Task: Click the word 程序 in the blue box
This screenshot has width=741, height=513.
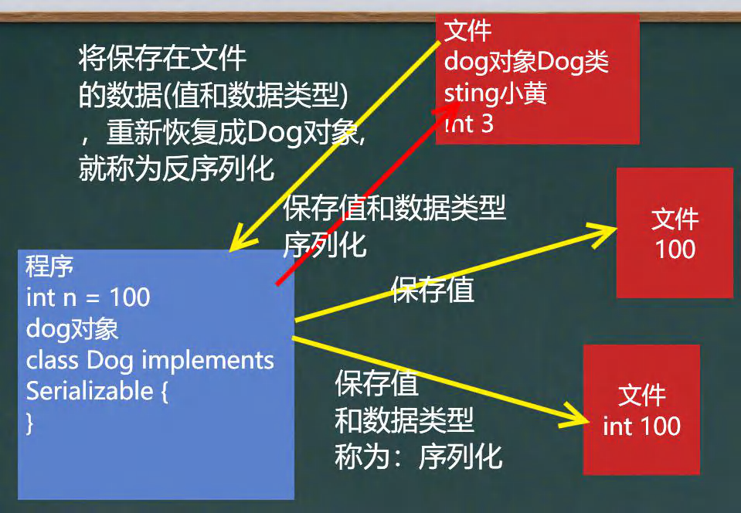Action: click(x=49, y=266)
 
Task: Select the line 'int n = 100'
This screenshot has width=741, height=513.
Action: click(x=88, y=297)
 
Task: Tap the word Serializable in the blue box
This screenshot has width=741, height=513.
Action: click(x=90, y=391)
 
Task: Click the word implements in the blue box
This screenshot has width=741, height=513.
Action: click(x=208, y=361)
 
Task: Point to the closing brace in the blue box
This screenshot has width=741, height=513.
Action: click(x=30, y=423)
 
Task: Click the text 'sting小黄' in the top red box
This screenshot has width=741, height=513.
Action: click(x=495, y=93)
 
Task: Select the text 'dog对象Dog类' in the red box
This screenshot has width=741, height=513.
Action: click(x=526, y=62)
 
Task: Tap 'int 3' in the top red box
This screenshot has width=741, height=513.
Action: click(x=469, y=124)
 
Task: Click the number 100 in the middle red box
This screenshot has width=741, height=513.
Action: click(x=675, y=249)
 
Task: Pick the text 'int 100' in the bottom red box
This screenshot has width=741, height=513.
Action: click(x=641, y=426)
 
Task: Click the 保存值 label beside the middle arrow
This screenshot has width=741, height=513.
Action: click(x=432, y=290)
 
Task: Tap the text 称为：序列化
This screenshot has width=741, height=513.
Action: click(x=418, y=457)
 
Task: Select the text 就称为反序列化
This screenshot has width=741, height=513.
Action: click(x=176, y=168)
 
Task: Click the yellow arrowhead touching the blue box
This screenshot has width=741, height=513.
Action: click(x=241, y=239)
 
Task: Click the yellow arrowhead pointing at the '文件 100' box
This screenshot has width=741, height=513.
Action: click(x=603, y=232)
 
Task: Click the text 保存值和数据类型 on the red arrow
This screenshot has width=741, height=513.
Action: click(x=395, y=208)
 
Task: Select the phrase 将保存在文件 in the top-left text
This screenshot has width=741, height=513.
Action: click(x=162, y=58)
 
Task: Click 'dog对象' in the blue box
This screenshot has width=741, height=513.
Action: click(x=72, y=329)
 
